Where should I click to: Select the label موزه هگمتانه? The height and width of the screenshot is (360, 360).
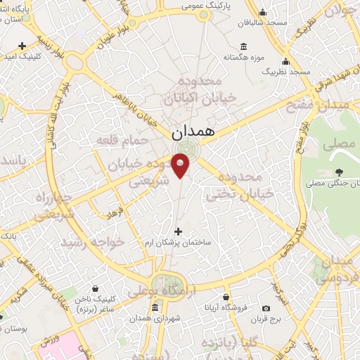click(x=243, y=56)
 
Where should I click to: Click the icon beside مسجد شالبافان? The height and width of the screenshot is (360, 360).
click(x=262, y=12)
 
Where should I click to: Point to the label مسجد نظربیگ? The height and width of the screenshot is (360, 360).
click(x=285, y=72)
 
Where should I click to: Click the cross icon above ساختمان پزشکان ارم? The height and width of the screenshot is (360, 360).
click(x=177, y=231)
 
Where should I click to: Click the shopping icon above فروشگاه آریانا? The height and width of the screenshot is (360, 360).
click(x=225, y=297)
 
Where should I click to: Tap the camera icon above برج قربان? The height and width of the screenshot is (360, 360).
click(x=266, y=308)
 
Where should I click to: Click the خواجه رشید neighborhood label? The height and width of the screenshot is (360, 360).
click(x=92, y=242)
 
